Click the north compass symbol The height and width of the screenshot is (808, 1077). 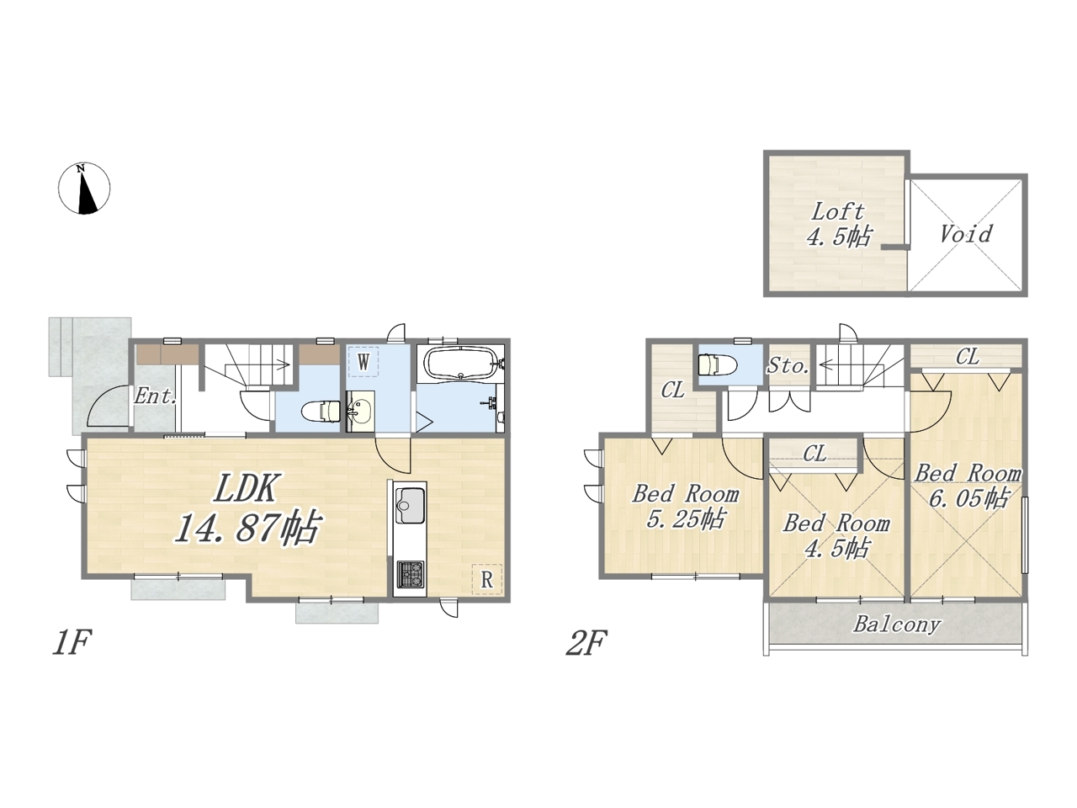click(84, 189)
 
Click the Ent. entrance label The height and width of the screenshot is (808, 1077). click(156, 396)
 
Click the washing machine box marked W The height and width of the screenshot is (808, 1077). click(363, 363)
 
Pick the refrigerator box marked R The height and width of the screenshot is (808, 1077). click(486, 580)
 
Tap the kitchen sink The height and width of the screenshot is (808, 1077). click(410, 505)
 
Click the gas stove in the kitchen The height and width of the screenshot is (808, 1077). click(410, 575)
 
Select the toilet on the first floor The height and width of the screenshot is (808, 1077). click(321, 412)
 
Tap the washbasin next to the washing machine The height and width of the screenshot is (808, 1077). click(360, 411)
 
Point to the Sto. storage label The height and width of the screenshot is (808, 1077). click(788, 365)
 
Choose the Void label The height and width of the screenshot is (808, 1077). click(966, 234)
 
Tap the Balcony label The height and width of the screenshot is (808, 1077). click(896, 625)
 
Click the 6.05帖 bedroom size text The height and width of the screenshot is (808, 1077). click(969, 498)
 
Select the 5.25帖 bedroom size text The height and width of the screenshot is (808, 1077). click(686, 519)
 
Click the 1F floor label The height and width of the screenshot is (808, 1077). click(72, 643)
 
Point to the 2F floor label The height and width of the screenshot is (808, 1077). click(586, 643)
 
